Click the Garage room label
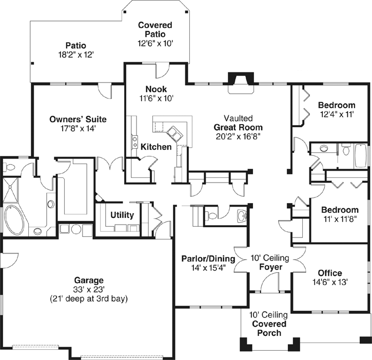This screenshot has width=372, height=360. coord(88,281)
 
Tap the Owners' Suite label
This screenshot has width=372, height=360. coord(78,119)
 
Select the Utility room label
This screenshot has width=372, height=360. coord(122,215)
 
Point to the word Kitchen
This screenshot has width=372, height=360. coord(156,147)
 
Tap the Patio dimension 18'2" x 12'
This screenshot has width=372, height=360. coord(76,53)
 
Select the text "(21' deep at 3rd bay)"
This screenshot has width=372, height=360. coord(88,298)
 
